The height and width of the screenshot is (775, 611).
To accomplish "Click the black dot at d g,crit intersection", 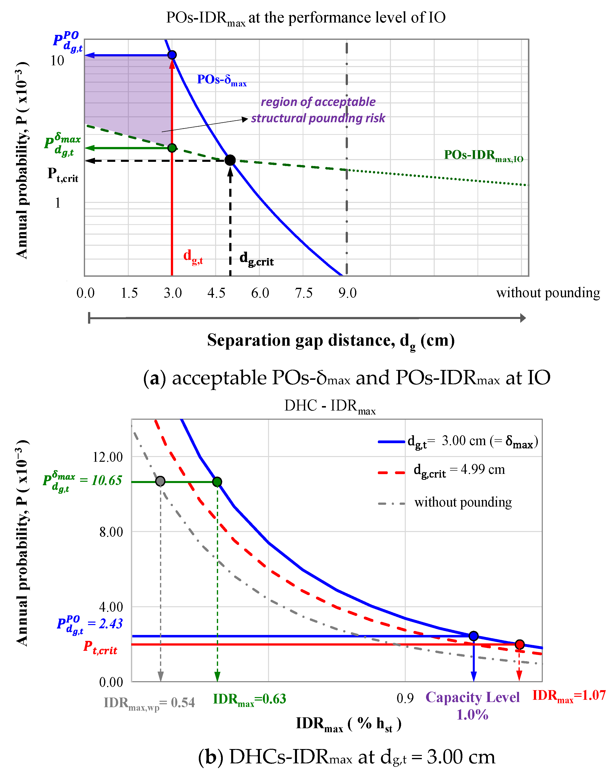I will pyautogui.click(x=230, y=160).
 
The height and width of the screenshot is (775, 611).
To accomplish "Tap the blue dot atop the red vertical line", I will pyautogui.click(x=172, y=55).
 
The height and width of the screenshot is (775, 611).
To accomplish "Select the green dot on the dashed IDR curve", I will pyautogui.click(x=172, y=148).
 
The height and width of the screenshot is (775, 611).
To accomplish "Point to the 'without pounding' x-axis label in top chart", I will pyautogui.click(x=548, y=293).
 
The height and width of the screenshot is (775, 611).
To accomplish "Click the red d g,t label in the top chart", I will pyautogui.click(x=193, y=256).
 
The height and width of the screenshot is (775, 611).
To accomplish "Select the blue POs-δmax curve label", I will pyautogui.click(x=222, y=80).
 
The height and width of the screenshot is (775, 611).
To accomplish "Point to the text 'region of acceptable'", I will pyautogui.click(x=318, y=102).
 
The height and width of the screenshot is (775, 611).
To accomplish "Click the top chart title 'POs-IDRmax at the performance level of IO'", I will pyautogui.click(x=306, y=18).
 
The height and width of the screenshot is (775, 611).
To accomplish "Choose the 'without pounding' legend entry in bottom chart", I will pyautogui.click(x=463, y=502).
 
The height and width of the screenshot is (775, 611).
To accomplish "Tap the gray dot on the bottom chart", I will pyautogui.click(x=160, y=481).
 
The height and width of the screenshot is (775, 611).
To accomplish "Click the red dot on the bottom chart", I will pyautogui.click(x=520, y=644).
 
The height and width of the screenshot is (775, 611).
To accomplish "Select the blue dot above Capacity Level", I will pyautogui.click(x=474, y=636).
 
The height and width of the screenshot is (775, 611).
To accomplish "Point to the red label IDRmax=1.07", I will pyautogui.click(x=569, y=696).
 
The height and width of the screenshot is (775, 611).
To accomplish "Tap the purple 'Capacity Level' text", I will pyautogui.click(x=472, y=697).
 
